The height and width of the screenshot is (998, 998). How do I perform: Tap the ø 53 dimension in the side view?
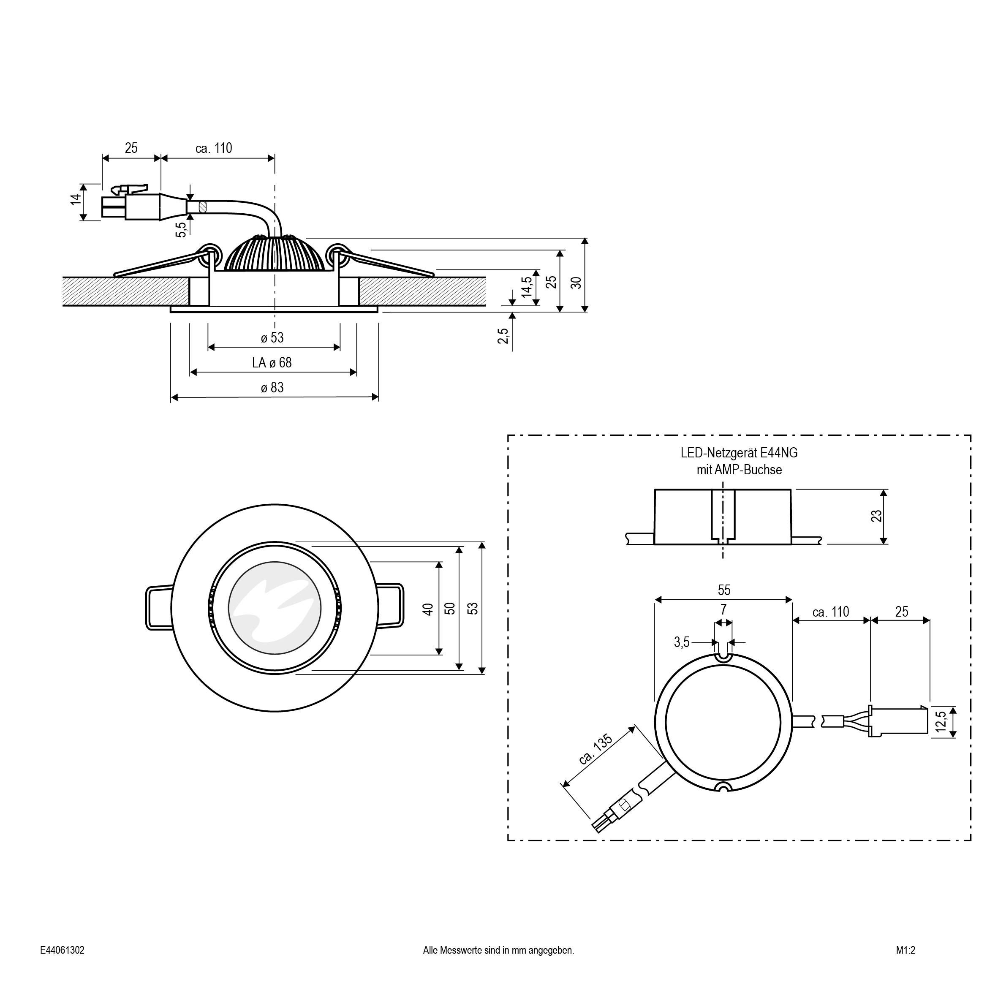pyautogui.click(x=272, y=338)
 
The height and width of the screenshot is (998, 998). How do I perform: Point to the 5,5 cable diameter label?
pyautogui.click(x=180, y=229)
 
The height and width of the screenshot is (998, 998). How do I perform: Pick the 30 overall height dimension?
pyautogui.click(x=576, y=283)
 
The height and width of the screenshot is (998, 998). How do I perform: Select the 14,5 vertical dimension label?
pyautogui.click(x=526, y=287)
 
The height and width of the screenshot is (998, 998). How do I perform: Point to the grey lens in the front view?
pyautogui.click(x=274, y=608)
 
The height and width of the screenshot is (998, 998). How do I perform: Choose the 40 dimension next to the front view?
pyautogui.click(x=428, y=609)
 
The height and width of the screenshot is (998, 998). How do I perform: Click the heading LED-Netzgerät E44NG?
pyautogui.click(x=739, y=453)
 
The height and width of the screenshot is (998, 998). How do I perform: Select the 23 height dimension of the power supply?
pyautogui.click(x=877, y=516)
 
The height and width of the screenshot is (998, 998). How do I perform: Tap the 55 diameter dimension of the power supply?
pyautogui.click(x=724, y=590)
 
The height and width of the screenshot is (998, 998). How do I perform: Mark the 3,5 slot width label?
pyautogui.click(x=681, y=642)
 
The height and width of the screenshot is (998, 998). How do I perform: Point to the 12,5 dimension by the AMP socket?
pyautogui.click(x=941, y=722)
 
